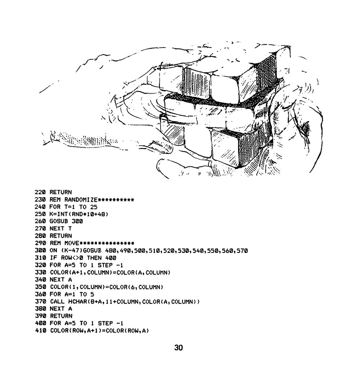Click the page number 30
(x=179, y=348)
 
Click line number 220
(x=40, y=192)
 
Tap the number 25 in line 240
(x=94, y=207)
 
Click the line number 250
(x=40, y=214)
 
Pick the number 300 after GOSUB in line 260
(x=77, y=221)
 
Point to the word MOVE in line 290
(x=72, y=243)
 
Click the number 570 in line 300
(x=242, y=251)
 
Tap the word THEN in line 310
(x=94, y=258)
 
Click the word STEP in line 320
(x=105, y=265)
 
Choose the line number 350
(x=40, y=287)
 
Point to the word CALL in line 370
(x=57, y=302)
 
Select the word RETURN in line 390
(x=61, y=316)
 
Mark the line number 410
(x=40, y=330)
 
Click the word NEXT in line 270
(x=57, y=228)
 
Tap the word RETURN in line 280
(x=61, y=236)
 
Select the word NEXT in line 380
(x=57, y=309)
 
